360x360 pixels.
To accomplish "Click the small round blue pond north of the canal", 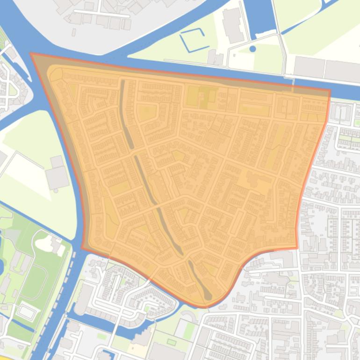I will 252,49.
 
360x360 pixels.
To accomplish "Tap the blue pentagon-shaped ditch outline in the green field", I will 193,40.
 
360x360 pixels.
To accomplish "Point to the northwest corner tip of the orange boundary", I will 31,54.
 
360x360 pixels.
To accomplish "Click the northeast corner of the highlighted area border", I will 330,91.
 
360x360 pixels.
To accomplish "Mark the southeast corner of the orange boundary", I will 297,248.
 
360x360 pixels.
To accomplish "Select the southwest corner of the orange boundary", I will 83,248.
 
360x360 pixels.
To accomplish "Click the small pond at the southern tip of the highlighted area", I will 208,295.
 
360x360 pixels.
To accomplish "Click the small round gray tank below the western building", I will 56,190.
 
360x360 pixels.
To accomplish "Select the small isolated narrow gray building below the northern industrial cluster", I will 74,32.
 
